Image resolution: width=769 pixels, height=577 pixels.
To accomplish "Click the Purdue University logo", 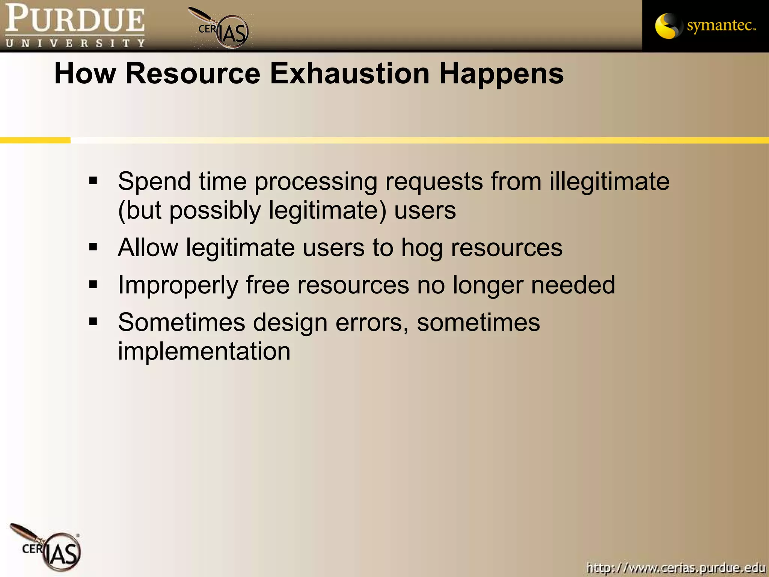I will pyautogui.click(x=75, y=26).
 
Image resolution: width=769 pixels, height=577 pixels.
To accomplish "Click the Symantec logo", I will pyautogui.click(x=705, y=26).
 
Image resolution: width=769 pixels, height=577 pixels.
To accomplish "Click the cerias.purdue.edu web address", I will pyautogui.click(x=676, y=568).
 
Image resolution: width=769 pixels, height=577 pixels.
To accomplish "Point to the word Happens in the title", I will pyautogui.click(x=501, y=74).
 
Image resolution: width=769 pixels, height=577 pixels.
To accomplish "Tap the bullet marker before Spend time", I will pyautogui.click(x=93, y=181).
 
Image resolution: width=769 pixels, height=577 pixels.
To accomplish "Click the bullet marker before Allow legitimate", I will pyautogui.click(x=93, y=247).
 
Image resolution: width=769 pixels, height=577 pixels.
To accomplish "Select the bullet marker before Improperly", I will pyautogui.click(x=93, y=285).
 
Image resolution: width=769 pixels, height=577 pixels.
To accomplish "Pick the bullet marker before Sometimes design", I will pyautogui.click(x=93, y=322).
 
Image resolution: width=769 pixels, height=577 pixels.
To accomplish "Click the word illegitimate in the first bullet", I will pyautogui.click(x=609, y=181).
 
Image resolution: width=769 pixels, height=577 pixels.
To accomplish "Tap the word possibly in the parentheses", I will pyautogui.click(x=215, y=210).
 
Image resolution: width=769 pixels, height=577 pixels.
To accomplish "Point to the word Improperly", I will pyautogui.click(x=178, y=285).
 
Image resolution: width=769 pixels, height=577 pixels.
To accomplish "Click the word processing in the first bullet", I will pyautogui.click(x=316, y=182).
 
